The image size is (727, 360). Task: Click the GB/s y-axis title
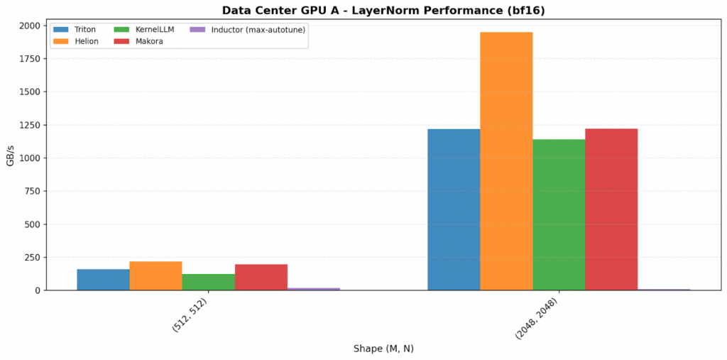tap(10, 158)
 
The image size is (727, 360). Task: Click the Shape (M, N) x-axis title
tap(383, 349)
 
